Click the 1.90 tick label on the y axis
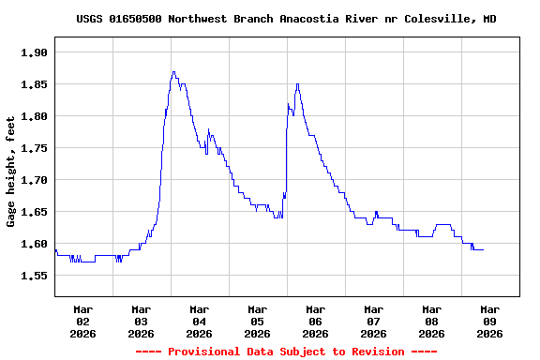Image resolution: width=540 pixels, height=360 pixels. point(34,52)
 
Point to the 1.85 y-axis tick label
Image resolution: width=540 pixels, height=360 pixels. point(34,84)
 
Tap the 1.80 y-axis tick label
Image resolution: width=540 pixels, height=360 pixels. point(34,116)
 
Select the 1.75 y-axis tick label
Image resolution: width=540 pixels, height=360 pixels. point(34,148)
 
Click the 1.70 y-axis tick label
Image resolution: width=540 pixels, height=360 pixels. point(34,180)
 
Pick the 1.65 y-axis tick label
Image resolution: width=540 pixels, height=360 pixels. point(34,212)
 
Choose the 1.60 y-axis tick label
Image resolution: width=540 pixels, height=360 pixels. point(34,244)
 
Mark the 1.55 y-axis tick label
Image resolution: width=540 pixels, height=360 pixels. point(34,276)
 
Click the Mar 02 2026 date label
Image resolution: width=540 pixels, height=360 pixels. point(83,321)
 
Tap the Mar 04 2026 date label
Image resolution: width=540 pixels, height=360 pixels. point(200,321)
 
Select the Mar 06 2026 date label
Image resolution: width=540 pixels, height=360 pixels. point(316,321)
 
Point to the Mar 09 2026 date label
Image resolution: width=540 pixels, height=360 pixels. point(490,321)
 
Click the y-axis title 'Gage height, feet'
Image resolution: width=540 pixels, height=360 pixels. point(11,172)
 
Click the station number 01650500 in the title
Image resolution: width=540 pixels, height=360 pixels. point(137,19)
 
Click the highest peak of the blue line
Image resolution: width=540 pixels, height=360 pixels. point(173,71)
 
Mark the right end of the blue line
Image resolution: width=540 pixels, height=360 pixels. point(484,249)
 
